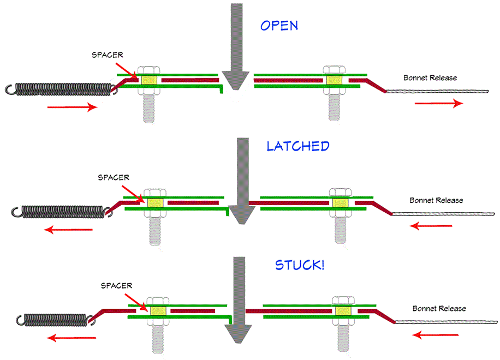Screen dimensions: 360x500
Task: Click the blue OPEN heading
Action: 279,26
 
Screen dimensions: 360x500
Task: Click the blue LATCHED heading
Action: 298,146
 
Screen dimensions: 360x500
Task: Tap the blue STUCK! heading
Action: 299,266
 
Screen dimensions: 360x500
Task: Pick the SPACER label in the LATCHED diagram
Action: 113,177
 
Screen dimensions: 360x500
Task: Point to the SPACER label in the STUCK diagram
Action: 117,285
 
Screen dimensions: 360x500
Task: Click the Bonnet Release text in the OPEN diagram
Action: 430,78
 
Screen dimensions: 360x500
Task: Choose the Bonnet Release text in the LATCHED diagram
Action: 436,201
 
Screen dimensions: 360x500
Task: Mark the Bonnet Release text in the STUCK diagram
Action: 439,309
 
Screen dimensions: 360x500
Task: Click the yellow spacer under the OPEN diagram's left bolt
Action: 148,80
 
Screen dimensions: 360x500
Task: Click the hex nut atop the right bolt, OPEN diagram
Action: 332,70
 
